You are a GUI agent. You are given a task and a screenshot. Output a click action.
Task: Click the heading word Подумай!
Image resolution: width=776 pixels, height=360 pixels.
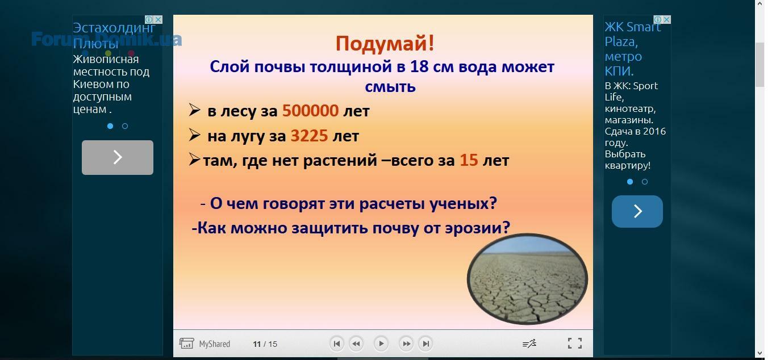tap(385, 44)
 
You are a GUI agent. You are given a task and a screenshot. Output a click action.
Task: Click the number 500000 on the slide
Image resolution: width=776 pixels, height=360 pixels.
tap(310, 111)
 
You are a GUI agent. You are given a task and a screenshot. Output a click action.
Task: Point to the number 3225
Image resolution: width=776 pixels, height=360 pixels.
tap(309, 136)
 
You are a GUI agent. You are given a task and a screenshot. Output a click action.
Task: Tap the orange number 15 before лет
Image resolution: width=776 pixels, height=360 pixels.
tap(469, 160)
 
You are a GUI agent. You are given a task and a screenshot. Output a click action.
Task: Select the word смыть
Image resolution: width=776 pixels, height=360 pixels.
tap(390, 87)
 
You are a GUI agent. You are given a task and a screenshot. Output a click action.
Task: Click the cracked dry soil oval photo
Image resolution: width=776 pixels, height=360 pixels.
tap(527, 279)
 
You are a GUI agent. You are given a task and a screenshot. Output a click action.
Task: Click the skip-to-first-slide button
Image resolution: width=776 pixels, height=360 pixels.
tap(336, 344)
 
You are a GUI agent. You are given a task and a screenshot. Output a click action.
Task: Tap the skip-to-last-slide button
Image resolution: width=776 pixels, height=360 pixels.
tap(425, 344)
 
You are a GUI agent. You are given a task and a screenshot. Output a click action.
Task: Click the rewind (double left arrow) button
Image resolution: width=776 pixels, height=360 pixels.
tap(356, 344)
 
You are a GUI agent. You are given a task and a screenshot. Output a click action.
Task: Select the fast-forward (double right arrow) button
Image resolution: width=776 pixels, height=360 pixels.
tap(406, 344)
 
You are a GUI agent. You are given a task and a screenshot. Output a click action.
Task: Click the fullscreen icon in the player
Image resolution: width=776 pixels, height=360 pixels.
tap(575, 344)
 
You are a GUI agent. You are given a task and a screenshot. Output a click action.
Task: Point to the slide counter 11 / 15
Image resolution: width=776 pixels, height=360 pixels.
tap(265, 344)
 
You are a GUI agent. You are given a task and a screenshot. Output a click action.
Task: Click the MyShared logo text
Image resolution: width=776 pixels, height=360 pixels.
tap(214, 344)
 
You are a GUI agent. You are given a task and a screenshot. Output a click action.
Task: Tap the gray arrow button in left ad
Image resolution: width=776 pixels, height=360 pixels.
tap(118, 157)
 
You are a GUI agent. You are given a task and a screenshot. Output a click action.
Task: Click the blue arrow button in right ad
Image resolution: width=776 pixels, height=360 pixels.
tap(637, 211)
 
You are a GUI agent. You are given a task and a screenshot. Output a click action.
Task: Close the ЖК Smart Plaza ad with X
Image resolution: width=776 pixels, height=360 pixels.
tap(666, 19)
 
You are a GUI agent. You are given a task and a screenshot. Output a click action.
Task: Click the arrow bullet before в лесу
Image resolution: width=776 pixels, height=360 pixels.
tap(195, 110)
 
